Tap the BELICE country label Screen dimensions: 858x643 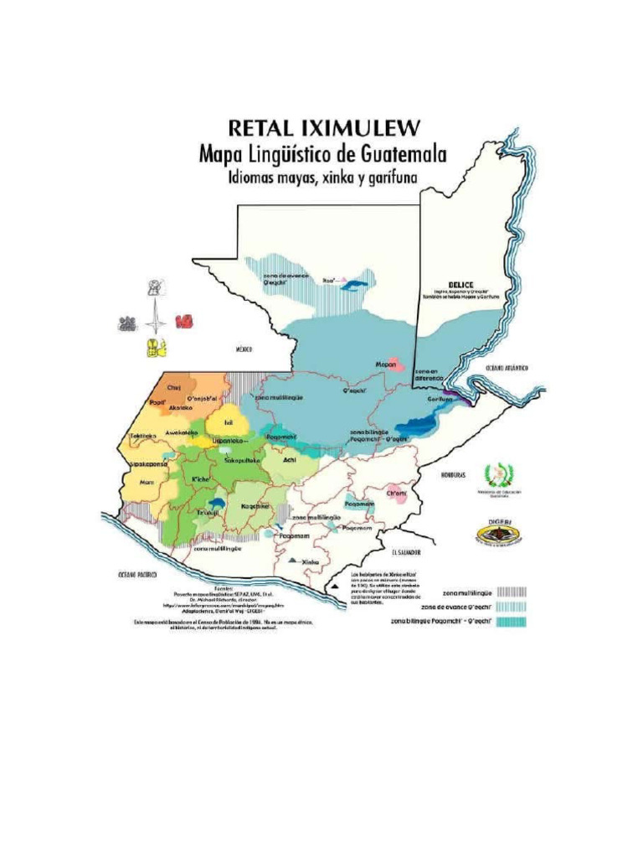point(460,284)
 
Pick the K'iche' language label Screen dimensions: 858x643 point(200,478)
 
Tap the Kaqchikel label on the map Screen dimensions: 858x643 point(255,506)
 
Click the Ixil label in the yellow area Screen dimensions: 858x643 point(228,423)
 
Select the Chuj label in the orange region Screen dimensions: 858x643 point(174,387)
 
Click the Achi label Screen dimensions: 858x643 point(290,460)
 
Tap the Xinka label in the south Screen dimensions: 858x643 point(310,561)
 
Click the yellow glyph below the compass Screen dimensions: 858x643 point(157,347)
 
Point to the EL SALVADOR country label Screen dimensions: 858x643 point(404,553)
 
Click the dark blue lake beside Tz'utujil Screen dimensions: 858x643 point(218,502)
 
